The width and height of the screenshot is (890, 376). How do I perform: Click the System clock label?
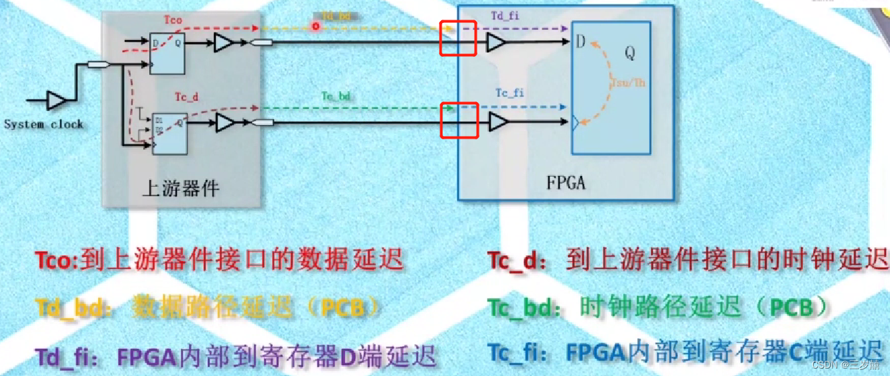click(43, 124)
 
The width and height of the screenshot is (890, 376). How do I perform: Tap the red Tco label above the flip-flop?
click(172, 21)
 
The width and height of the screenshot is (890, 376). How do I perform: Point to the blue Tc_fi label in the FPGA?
click(510, 93)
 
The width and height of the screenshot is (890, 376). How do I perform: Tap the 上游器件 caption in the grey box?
click(181, 187)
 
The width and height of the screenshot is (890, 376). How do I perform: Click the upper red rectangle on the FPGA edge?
click(459, 38)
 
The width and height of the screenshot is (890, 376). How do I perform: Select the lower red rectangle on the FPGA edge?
click(459, 120)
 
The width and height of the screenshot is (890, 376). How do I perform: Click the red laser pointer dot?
click(315, 26)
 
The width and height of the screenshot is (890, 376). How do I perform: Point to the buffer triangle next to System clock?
click(57, 101)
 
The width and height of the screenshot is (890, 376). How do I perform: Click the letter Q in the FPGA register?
click(629, 53)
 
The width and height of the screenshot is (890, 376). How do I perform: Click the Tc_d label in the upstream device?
click(186, 97)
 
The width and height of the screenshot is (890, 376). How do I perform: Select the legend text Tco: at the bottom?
click(57, 259)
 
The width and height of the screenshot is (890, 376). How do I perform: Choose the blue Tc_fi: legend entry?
click(519, 352)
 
